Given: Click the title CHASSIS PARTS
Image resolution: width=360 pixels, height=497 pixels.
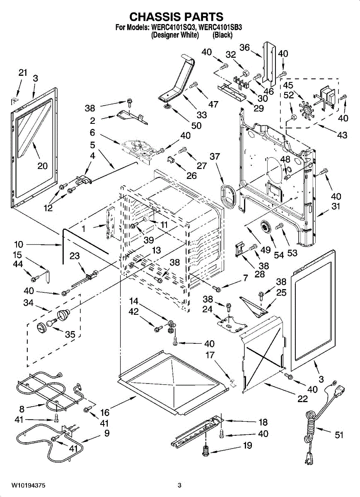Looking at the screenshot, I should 176,17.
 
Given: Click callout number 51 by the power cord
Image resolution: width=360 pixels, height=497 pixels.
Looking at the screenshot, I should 339,435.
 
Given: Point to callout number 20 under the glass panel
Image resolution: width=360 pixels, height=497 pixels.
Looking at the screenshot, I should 42,166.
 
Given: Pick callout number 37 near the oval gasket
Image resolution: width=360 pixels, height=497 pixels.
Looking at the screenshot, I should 215,157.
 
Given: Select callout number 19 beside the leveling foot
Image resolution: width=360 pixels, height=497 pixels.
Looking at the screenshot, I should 247,446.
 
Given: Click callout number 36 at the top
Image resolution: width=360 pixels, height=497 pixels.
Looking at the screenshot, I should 244,48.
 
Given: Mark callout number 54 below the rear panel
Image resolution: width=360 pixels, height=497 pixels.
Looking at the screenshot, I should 279,254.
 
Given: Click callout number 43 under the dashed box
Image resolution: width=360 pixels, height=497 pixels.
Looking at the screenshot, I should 342,135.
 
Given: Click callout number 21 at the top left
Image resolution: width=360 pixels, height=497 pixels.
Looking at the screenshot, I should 23,73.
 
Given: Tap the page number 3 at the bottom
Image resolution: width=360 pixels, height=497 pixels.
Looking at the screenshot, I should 179,485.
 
